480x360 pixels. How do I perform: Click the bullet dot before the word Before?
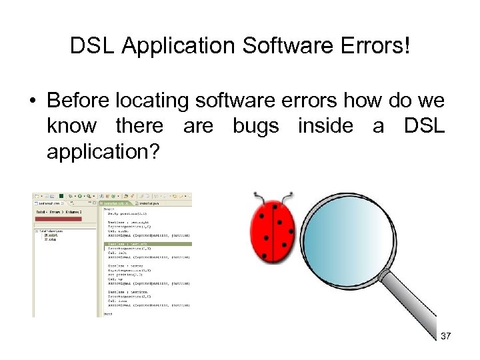coord(31,101)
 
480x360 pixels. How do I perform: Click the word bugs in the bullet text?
coord(256,126)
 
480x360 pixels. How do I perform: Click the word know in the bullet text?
coord(71,126)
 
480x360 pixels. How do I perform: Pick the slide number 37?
coord(446,336)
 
